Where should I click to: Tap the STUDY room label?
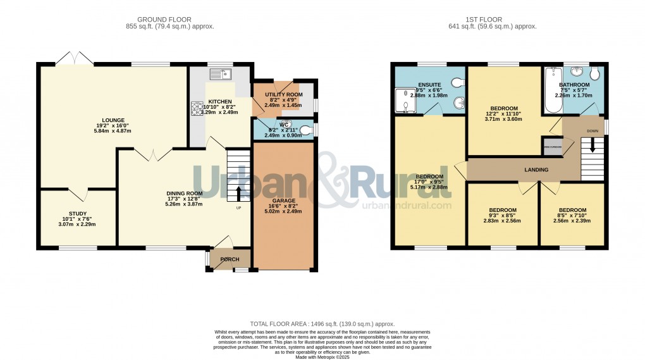pos(77,214)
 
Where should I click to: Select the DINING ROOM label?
pos(184,194)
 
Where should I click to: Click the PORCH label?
pos(229,260)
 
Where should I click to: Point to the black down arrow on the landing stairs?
pos(593,145)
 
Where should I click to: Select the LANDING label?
pos(536,170)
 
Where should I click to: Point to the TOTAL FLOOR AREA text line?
pos(322,323)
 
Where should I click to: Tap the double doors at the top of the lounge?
pos(75,59)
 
